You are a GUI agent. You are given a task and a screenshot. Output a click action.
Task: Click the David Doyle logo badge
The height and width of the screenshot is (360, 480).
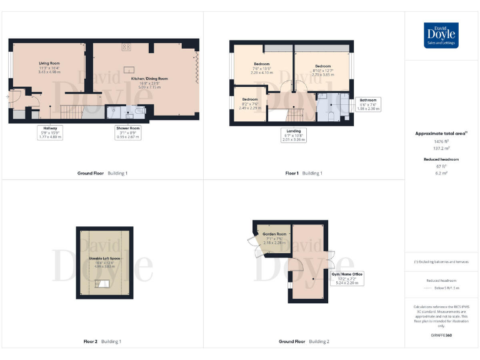[x=441, y=35]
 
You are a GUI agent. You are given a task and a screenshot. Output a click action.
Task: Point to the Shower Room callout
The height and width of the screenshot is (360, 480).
[x=127, y=132]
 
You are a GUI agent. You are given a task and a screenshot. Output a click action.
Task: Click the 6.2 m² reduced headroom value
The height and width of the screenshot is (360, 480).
[x=441, y=172]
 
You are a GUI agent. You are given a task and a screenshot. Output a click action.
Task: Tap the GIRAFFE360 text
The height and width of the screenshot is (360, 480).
[x=441, y=336]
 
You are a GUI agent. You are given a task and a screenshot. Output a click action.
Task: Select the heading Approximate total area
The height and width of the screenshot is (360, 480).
[x=441, y=133]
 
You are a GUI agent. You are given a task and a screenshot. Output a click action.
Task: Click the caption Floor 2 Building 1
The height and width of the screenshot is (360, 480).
[x=102, y=342]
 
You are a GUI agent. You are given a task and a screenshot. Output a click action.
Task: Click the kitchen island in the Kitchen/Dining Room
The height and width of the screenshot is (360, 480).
[x=130, y=69]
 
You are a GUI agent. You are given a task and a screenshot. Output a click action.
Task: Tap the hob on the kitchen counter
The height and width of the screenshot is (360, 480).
[x=126, y=46]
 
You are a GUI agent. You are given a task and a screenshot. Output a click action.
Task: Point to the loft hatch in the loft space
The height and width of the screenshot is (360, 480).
[x=100, y=284]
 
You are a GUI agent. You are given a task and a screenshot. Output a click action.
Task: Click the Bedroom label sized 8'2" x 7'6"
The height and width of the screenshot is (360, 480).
[x=249, y=103]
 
